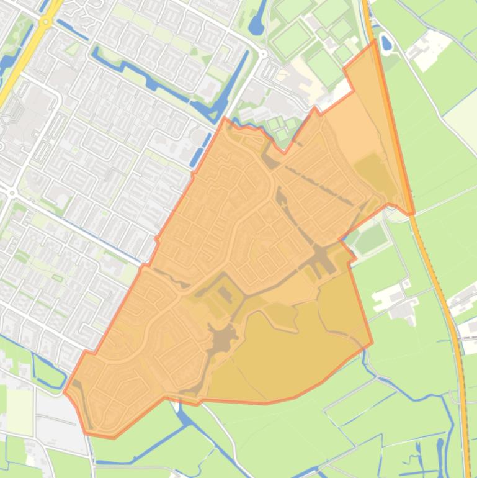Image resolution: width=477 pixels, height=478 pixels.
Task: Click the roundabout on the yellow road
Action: pos(45,22)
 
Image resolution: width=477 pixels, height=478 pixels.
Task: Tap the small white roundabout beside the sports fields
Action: pos(263,54)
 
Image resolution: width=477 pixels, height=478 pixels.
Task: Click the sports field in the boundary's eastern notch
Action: pos(371,238)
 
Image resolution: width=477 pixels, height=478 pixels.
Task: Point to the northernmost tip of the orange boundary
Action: pos(375,41)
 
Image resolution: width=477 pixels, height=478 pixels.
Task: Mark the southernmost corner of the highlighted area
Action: pos(114,438)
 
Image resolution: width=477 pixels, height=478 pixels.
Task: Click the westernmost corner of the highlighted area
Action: pos(64,392)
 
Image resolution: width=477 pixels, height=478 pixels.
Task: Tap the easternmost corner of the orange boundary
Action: pos(414,214)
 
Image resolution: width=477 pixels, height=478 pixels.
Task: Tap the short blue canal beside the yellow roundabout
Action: pos(72,29)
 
